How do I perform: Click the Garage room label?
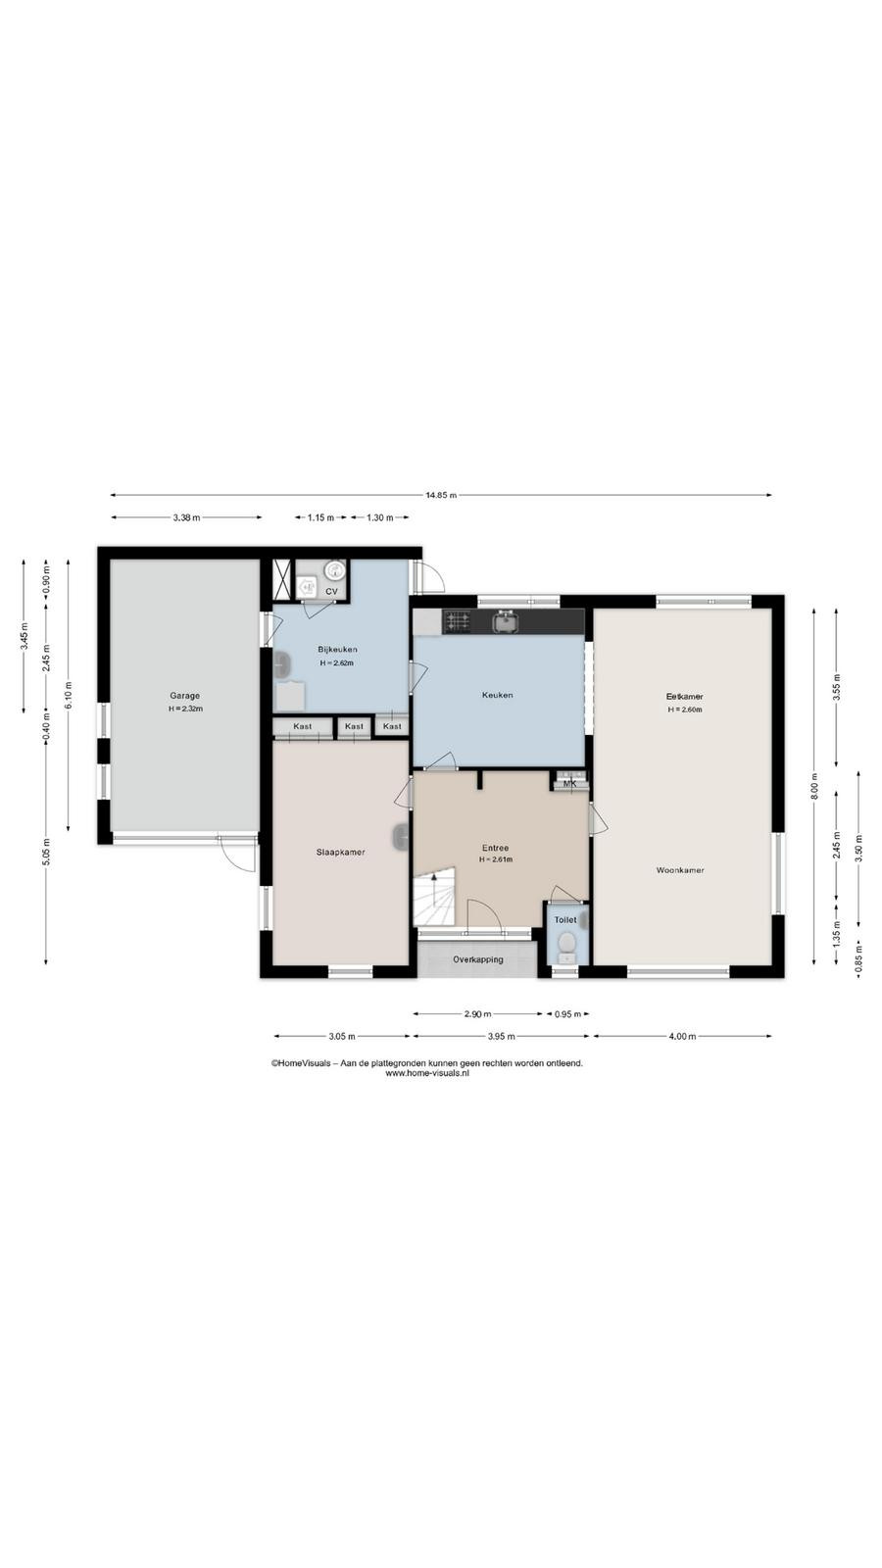(x=185, y=696)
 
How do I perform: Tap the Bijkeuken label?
(x=337, y=650)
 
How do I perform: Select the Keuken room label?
(x=497, y=695)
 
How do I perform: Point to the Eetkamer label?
(x=685, y=697)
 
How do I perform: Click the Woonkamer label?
(x=680, y=870)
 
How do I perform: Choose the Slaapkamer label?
(x=341, y=852)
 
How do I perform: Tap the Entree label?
(x=496, y=848)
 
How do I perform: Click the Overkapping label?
(x=478, y=959)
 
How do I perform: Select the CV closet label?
(x=332, y=592)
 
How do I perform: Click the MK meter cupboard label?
(x=569, y=784)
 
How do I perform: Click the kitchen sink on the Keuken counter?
(x=506, y=621)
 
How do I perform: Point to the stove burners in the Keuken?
(x=458, y=621)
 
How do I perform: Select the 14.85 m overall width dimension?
(x=441, y=495)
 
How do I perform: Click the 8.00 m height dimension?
(x=814, y=787)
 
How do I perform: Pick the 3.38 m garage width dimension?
(x=186, y=517)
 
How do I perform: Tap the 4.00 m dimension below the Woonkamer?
(x=682, y=1036)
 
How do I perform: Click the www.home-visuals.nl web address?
(x=427, y=1072)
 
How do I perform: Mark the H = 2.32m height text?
(x=185, y=709)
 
